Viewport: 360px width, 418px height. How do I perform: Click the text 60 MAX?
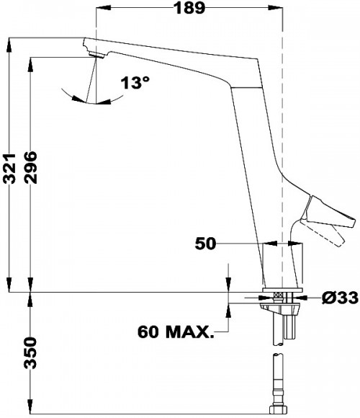tap(176, 333)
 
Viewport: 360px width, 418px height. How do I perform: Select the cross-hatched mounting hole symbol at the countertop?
tap(278, 295)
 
